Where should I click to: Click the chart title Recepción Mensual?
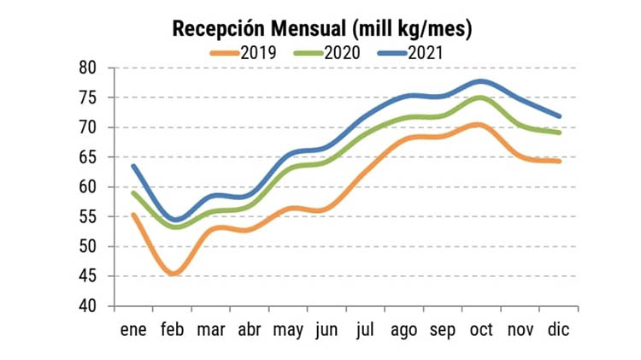pyautogui.click(x=322, y=29)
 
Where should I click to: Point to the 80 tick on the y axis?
pyautogui.click(x=87, y=68)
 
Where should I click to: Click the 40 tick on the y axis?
pyautogui.click(x=87, y=306)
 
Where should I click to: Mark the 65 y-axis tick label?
pyautogui.click(x=87, y=157)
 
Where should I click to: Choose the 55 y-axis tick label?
pyautogui.click(x=87, y=217)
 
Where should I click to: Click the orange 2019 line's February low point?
pyautogui.click(x=173, y=274)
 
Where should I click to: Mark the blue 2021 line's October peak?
pyautogui.click(x=482, y=81)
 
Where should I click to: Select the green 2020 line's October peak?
pyautogui.click(x=482, y=97)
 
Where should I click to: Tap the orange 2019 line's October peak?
pyautogui.click(x=480, y=125)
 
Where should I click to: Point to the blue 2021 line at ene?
pyautogui.click(x=134, y=166)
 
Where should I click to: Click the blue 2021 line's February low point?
pyautogui.click(x=174, y=221)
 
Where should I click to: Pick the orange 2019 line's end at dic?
pyautogui.click(x=559, y=161)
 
